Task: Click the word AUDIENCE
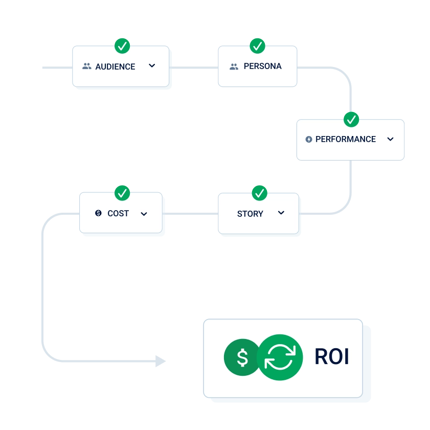(x=115, y=66)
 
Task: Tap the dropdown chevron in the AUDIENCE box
(x=152, y=66)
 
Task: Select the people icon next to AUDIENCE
(x=87, y=66)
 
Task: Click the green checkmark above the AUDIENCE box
(x=122, y=47)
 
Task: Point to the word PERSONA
(x=262, y=66)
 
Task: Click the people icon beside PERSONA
(x=234, y=66)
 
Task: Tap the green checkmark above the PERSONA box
(x=257, y=47)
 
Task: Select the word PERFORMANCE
(x=346, y=139)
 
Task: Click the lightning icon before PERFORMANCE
(x=309, y=139)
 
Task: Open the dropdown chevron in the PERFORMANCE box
(x=391, y=139)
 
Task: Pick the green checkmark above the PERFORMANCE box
(x=351, y=120)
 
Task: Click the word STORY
(x=250, y=214)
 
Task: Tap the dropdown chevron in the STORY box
(x=281, y=213)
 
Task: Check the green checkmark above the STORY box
(x=260, y=193)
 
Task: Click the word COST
(x=118, y=213)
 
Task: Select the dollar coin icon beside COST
(x=99, y=213)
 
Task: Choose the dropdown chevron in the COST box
(x=144, y=214)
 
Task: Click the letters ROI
(x=332, y=357)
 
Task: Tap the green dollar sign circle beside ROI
(x=242, y=357)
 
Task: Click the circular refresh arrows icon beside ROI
(x=280, y=357)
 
